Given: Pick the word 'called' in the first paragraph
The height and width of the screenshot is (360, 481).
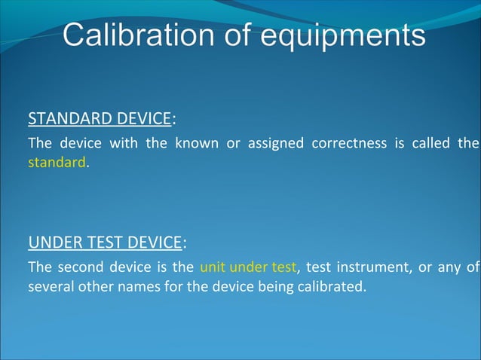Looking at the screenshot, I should [430, 143].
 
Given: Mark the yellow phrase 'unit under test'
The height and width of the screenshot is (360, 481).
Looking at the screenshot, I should [249, 267].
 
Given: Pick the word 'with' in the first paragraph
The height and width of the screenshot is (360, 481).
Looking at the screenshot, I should [124, 143].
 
